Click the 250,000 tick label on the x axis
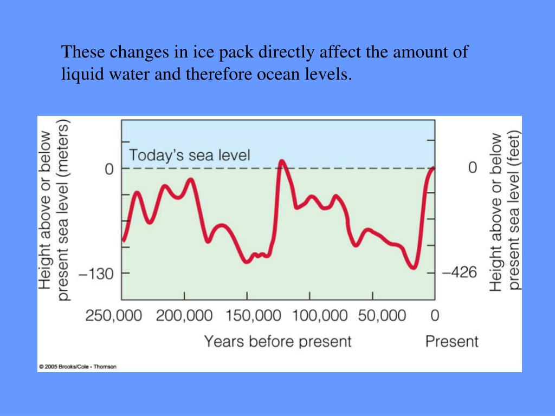pos(114,315)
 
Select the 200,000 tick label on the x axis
pos(184,315)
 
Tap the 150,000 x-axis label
pos(247,315)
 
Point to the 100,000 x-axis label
pos(310,315)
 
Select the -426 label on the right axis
pos(460,272)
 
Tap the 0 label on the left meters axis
pos(109,169)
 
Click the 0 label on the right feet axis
pos(473,168)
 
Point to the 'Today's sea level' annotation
pos(189,156)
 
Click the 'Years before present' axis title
pos(277,342)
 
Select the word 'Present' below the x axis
pos(452,342)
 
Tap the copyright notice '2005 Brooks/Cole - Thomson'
pos(78,367)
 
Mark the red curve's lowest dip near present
pos(414,267)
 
